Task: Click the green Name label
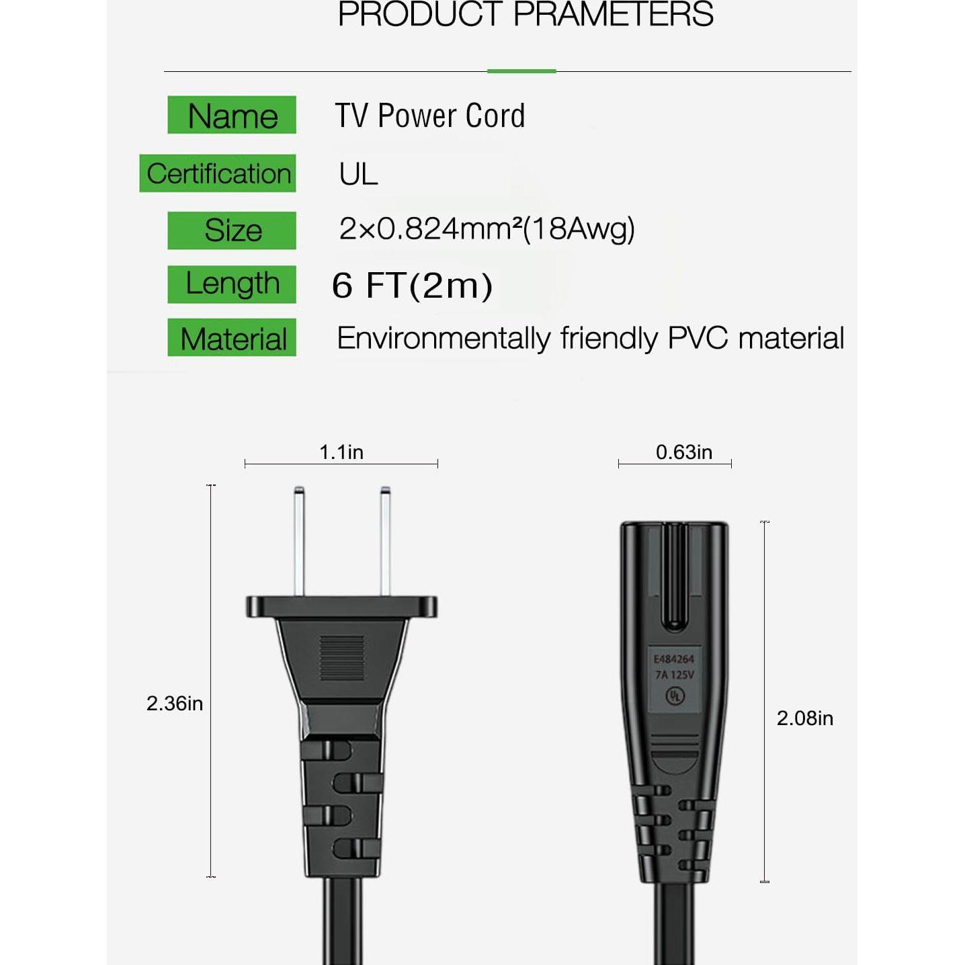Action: (x=232, y=115)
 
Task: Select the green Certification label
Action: (x=218, y=173)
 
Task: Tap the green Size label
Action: (x=232, y=230)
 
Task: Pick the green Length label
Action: (x=232, y=284)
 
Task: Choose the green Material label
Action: (x=232, y=338)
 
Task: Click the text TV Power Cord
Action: (x=430, y=116)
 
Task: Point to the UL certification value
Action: (x=358, y=174)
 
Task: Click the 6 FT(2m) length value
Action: (x=412, y=285)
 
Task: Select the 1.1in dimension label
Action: (x=341, y=452)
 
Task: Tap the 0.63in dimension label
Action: (x=684, y=452)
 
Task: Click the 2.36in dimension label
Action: (x=175, y=703)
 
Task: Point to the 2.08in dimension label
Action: (x=804, y=718)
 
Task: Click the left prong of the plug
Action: (x=299, y=541)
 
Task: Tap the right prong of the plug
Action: (x=385, y=541)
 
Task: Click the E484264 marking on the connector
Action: (x=674, y=659)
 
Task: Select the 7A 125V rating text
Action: (x=675, y=675)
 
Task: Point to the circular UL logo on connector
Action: (x=675, y=696)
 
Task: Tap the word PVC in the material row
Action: (x=698, y=338)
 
